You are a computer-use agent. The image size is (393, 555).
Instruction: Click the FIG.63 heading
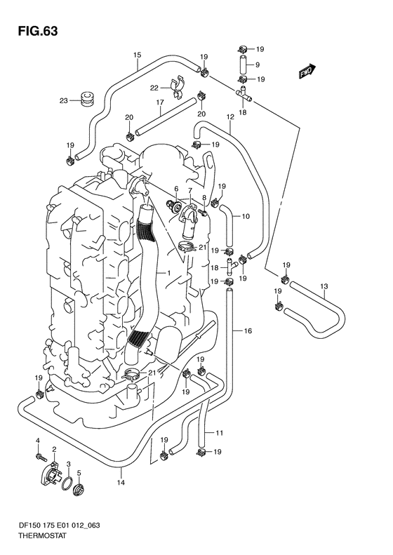(x=37, y=32)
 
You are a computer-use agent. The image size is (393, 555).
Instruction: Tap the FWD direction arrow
(x=307, y=71)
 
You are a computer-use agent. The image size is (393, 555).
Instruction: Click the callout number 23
(x=63, y=101)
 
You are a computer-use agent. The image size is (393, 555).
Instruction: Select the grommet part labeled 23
(x=86, y=98)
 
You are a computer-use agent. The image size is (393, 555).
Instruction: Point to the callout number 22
(x=154, y=88)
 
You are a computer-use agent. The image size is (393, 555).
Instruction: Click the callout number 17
(x=160, y=102)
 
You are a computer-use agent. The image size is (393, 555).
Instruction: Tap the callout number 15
(x=138, y=55)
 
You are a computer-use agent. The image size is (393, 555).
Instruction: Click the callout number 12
(x=230, y=116)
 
